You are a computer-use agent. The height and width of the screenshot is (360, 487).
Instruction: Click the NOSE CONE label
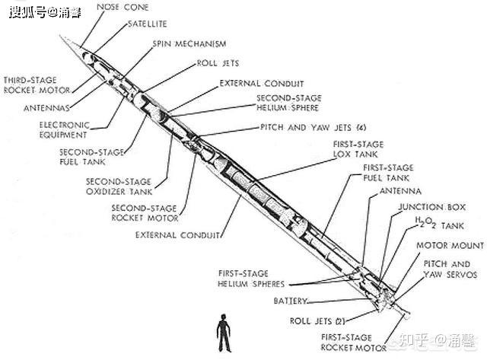[123, 7]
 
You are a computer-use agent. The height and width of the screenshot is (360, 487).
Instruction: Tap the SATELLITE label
[148, 24]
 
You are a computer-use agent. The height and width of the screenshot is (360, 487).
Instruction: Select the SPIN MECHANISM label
[189, 44]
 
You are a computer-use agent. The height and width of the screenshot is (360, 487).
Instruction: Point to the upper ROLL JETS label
[218, 63]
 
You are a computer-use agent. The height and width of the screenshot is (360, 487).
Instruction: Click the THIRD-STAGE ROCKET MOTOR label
[37, 85]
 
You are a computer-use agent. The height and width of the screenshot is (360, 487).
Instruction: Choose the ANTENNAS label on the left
[46, 108]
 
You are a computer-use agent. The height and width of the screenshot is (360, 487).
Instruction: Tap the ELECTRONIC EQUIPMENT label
[64, 130]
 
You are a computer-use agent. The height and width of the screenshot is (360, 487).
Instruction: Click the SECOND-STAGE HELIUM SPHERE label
[289, 103]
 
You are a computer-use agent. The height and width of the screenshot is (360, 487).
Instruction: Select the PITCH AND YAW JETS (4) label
[314, 127]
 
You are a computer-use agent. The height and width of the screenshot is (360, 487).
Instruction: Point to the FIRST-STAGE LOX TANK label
[358, 149]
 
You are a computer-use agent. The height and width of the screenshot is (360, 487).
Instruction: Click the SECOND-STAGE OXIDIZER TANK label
[119, 186]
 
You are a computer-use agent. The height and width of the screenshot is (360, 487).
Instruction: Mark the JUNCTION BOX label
[432, 207]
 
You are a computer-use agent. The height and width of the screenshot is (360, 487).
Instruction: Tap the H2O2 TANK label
[440, 223]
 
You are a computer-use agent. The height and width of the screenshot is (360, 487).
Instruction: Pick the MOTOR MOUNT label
[450, 245]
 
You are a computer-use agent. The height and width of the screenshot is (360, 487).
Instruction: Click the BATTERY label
[291, 301]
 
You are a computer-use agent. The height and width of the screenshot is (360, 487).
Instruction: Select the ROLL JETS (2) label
[317, 321]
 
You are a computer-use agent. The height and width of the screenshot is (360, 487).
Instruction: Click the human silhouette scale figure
[224, 333]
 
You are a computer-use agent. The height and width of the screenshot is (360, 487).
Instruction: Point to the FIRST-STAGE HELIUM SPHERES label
[251, 279]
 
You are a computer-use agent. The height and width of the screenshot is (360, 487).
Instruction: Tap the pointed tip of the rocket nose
[60, 36]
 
